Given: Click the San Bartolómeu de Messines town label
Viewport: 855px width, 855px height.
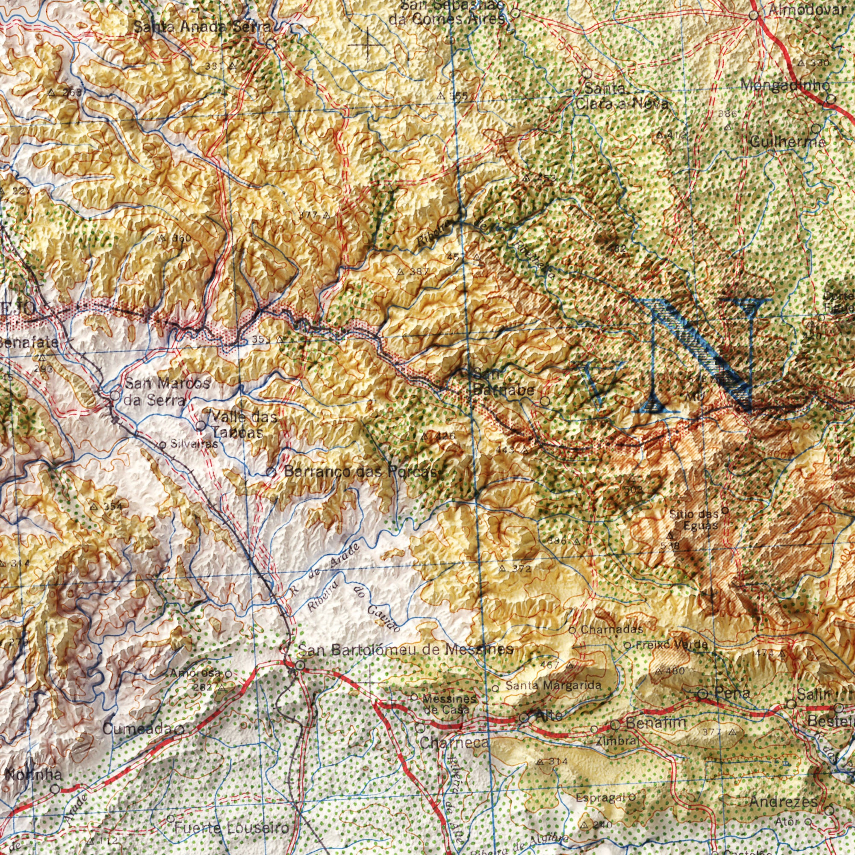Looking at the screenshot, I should tap(405, 650).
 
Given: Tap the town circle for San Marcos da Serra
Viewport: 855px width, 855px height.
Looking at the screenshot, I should tap(114, 395).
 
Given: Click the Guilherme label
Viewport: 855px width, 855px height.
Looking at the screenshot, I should tap(788, 142).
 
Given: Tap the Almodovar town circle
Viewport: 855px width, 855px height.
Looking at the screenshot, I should tap(754, 16).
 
